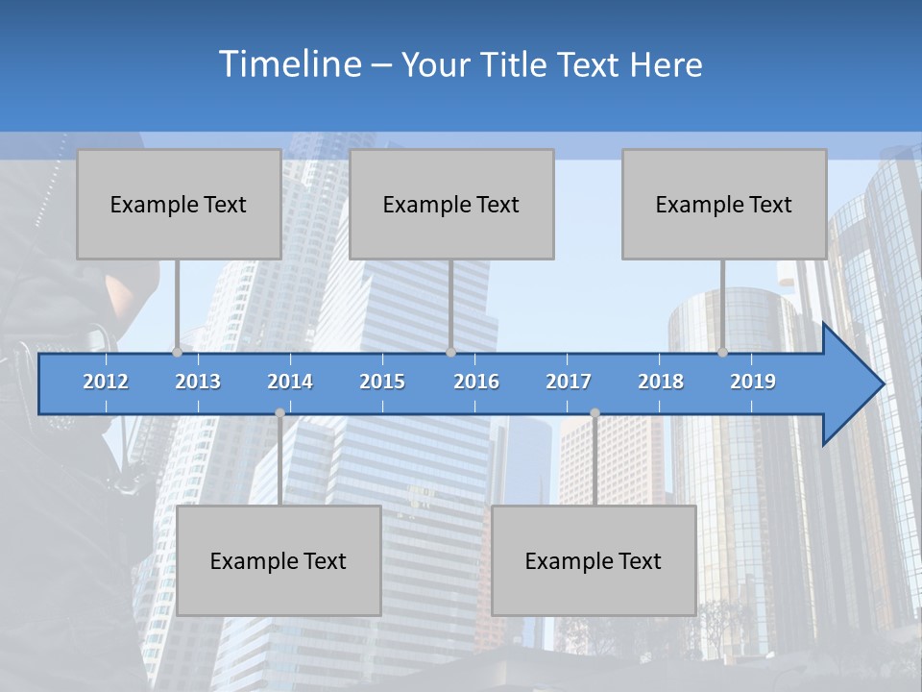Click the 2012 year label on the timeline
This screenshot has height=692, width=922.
106,382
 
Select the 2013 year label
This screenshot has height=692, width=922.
198,382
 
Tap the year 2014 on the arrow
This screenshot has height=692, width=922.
290,382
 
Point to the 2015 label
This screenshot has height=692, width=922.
382,382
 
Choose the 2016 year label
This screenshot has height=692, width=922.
476,382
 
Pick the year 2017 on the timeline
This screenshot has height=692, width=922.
569,382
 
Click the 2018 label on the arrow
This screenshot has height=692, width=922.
661,382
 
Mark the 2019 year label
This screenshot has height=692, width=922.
753,382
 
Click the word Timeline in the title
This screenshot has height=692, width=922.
288,64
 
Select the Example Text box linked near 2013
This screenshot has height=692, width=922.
179,204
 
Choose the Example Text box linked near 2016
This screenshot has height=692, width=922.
451,204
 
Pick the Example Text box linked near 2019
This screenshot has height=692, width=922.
724,204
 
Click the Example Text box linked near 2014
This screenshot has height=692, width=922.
279,560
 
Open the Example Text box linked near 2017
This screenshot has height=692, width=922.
594,560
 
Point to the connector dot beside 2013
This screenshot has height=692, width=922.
177,352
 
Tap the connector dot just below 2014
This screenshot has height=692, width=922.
279,413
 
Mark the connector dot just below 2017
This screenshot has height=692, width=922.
594,413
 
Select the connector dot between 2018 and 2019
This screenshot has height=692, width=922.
722,352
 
